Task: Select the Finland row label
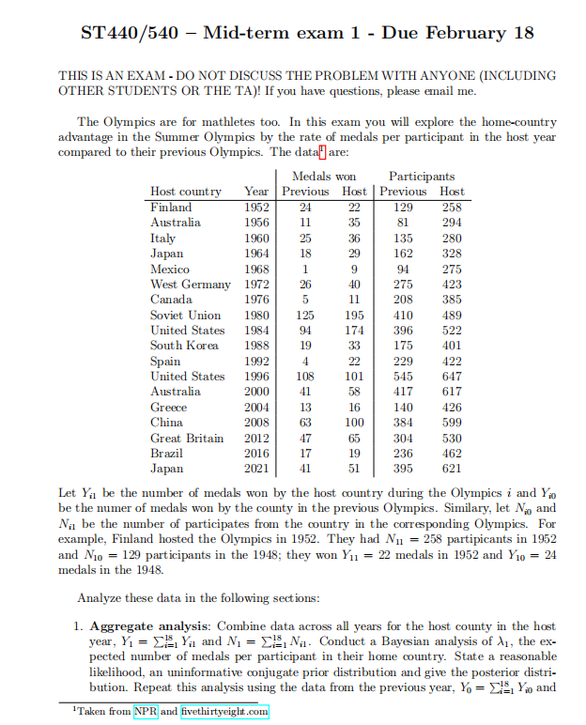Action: pyautogui.click(x=171, y=207)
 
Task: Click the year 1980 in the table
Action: pyautogui.click(x=255, y=315)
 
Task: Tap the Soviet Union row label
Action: pyautogui.click(x=186, y=315)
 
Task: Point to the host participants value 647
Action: pyautogui.click(x=451, y=376)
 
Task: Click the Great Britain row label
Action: pyautogui.click(x=187, y=438)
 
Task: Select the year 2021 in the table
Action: pyautogui.click(x=255, y=468)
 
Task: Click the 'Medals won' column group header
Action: pyautogui.click(x=324, y=177)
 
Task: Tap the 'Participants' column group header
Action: pyautogui.click(x=422, y=177)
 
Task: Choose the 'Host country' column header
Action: pyautogui.click(x=186, y=192)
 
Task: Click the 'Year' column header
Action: pyautogui.click(x=255, y=192)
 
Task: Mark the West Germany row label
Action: pyautogui.click(x=191, y=284)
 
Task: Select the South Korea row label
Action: pyautogui.click(x=185, y=346)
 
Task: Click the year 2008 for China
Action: pyautogui.click(x=255, y=422)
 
